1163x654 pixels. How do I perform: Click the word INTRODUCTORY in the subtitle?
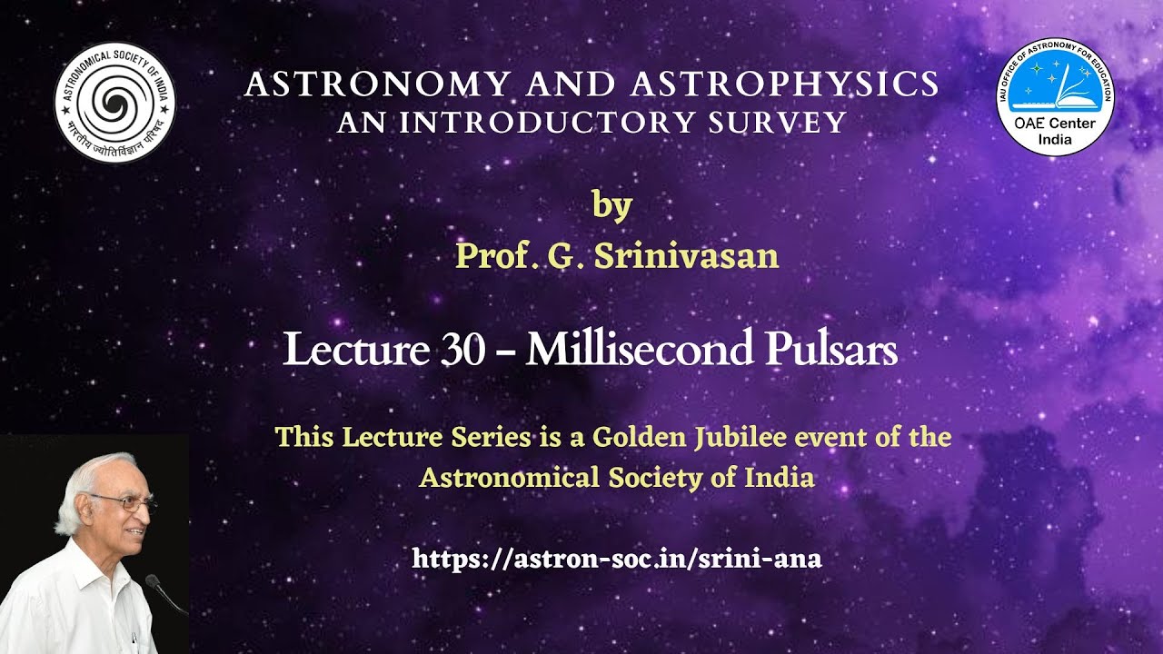pos(564,123)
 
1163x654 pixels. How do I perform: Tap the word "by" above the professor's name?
pos(611,205)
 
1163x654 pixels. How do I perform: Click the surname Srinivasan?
pos(686,257)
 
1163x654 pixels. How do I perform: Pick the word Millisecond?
pos(644,351)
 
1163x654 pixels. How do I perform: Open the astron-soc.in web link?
pos(617,558)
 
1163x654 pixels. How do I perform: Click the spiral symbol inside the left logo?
pos(114,97)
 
